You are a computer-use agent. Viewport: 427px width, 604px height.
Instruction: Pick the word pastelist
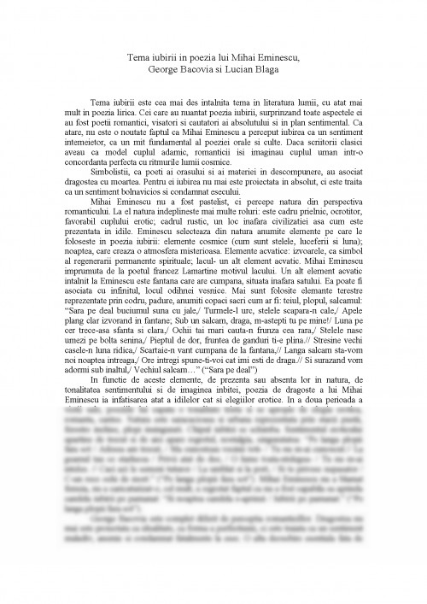[x=199, y=222]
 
